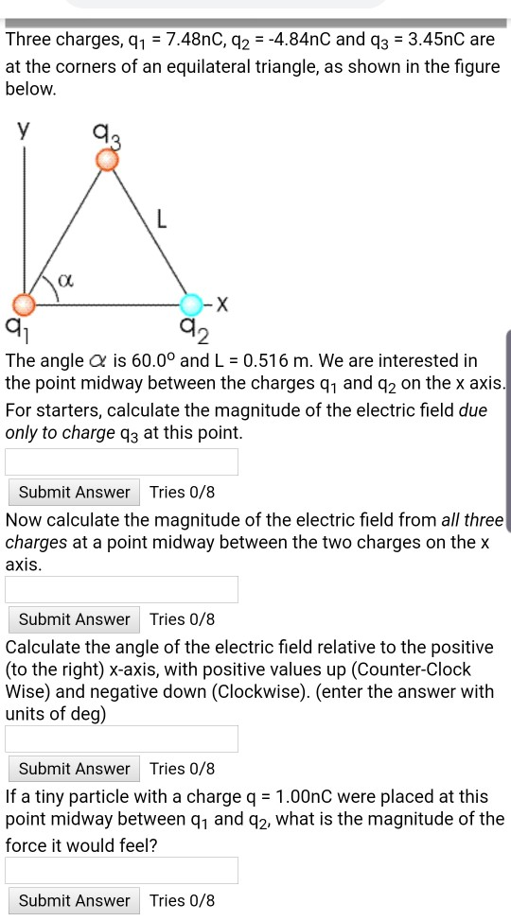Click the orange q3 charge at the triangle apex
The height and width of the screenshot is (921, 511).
108,161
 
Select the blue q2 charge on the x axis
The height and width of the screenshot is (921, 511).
192,304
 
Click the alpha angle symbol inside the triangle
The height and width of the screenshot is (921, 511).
64,280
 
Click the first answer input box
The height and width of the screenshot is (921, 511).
121,461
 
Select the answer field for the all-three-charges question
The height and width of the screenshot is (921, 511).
121,589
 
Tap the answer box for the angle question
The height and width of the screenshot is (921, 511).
121,739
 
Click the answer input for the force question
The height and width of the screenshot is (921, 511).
121,870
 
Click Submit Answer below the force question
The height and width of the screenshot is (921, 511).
74,900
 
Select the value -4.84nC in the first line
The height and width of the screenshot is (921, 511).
298,41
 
